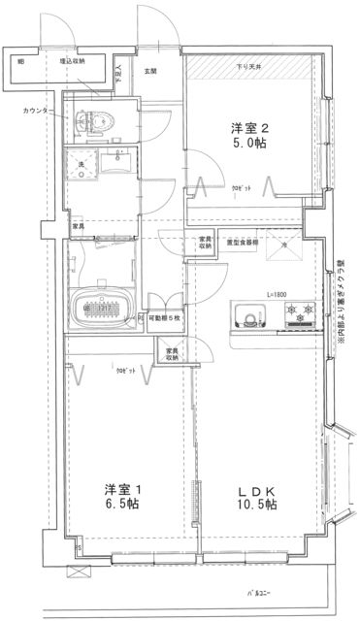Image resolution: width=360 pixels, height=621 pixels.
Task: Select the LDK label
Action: (258, 488)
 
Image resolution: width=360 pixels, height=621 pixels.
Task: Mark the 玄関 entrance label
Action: (151, 70)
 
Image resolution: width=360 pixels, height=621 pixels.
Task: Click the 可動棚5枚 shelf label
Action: (163, 317)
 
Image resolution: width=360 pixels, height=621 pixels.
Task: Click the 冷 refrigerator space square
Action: (284, 247)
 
